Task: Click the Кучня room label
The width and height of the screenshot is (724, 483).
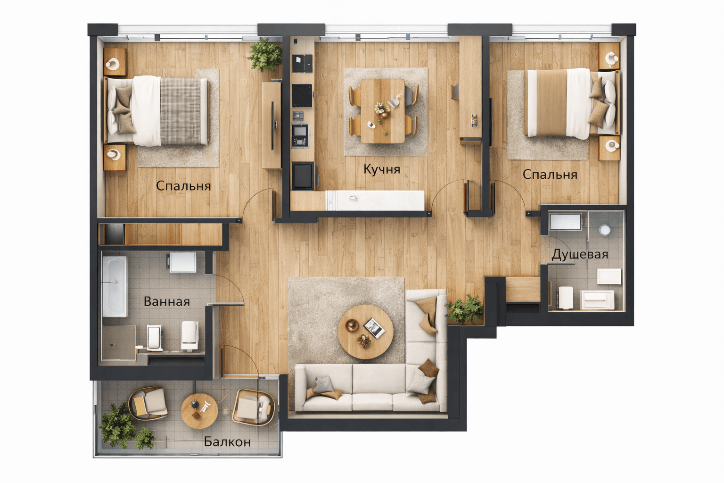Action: click(x=382, y=169)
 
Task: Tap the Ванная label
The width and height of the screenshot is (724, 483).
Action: click(x=166, y=301)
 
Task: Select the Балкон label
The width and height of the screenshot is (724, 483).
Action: click(x=227, y=441)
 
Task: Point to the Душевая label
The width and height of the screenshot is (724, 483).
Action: click(x=580, y=255)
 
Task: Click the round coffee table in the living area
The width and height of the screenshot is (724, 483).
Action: click(x=366, y=332)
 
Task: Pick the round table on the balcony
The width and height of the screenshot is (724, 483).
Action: click(x=199, y=411)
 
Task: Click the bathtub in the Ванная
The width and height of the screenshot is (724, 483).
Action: click(x=115, y=287)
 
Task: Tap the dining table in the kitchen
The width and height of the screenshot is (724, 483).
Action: click(x=383, y=111)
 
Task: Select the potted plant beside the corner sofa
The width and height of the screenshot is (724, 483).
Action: click(x=464, y=309)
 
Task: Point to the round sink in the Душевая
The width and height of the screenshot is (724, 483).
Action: click(x=604, y=230)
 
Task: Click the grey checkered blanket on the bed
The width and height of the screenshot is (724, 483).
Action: click(x=181, y=111)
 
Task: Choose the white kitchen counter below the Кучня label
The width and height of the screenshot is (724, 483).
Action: click(x=375, y=200)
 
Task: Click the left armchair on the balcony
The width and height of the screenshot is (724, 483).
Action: click(x=148, y=403)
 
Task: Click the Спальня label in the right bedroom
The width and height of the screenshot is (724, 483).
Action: click(x=550, y=175)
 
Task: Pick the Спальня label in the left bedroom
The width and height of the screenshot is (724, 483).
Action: click(x=183, y=186)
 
